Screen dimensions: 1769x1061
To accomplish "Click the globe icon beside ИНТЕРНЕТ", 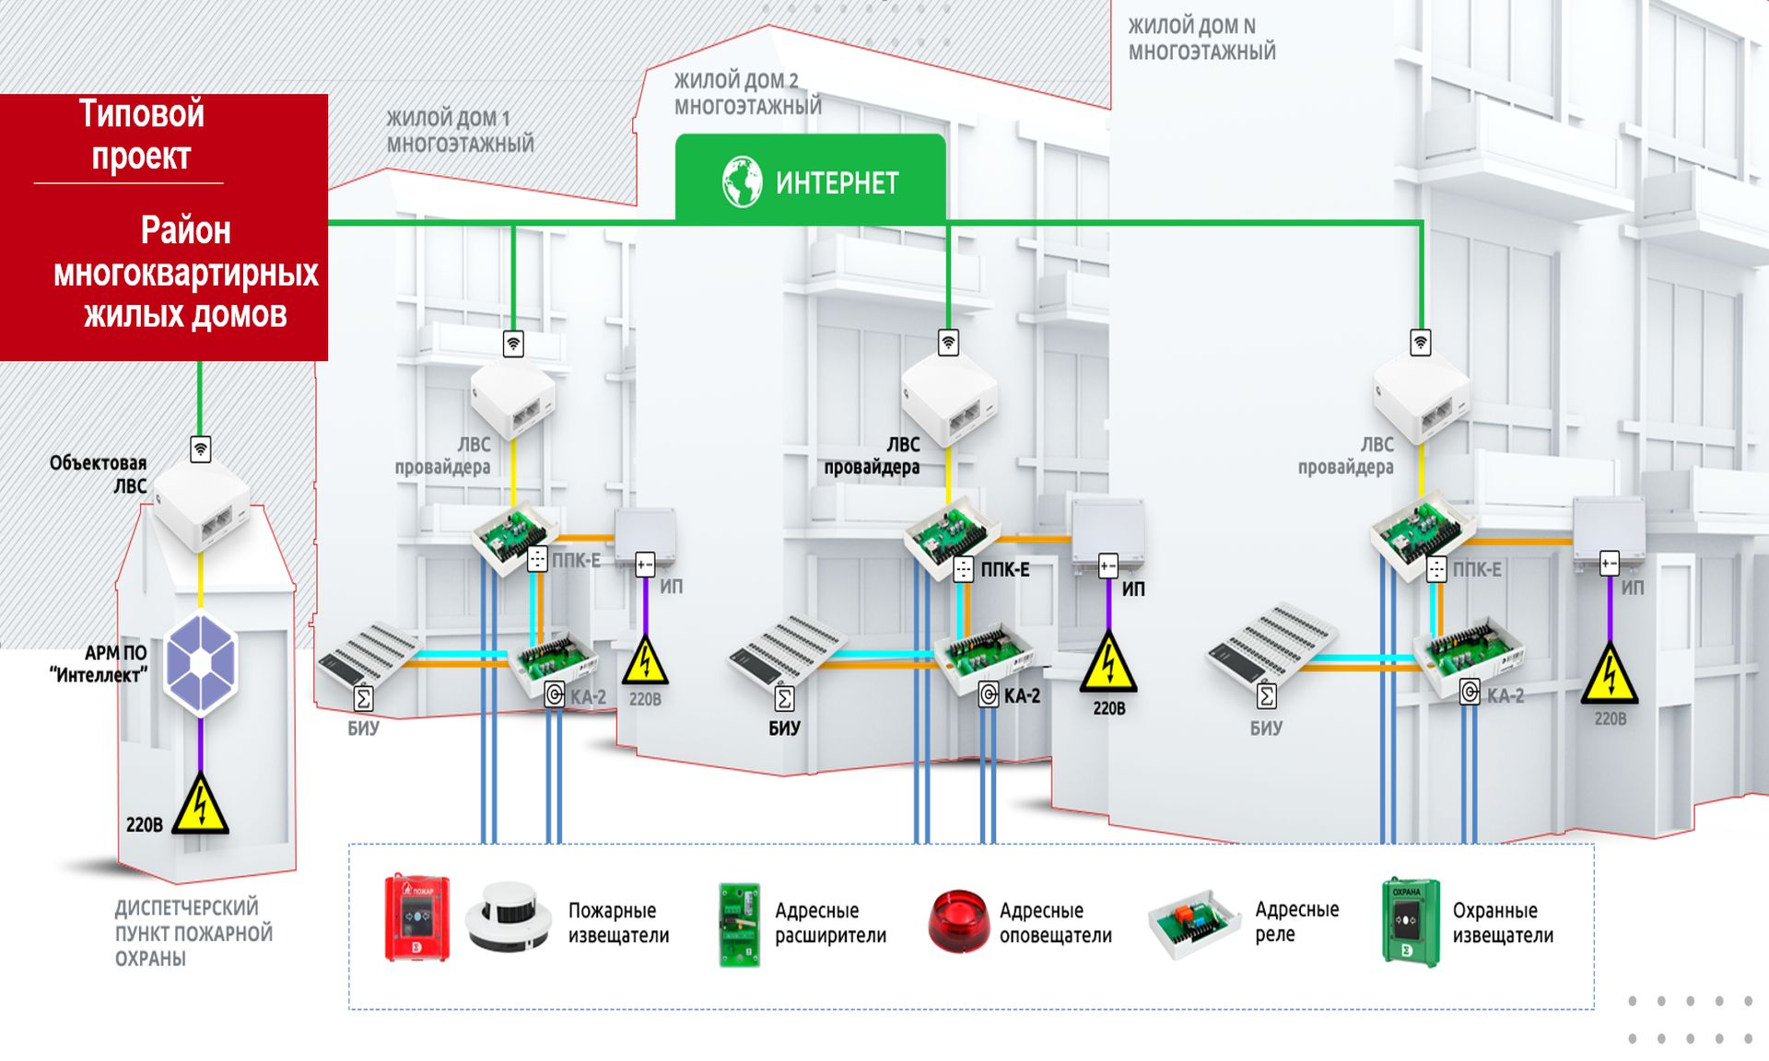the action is pos(742,181).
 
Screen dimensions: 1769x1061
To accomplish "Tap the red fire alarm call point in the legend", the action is pos(417,917).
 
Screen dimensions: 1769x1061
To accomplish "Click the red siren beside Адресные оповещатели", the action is pos(957,920).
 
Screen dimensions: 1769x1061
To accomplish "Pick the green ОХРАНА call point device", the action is pos(1410,922).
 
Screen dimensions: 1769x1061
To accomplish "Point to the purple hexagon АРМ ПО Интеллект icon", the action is pos(201,664).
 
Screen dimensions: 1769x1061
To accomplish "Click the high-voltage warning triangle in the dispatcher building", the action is pos(200,803).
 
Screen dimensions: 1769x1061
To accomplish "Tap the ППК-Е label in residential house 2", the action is pos(1004,569).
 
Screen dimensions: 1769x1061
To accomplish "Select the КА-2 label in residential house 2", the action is pos(1022,695).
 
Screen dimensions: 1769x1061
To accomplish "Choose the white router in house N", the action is pos(1420,396).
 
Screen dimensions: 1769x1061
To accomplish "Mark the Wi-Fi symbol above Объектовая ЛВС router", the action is pos(200,449).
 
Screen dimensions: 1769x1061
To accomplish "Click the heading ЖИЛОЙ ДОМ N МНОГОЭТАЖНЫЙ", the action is pos(1201,39).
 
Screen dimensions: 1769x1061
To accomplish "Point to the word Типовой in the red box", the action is pos(141,113).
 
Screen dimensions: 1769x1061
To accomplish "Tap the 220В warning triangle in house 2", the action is pos(1108,662).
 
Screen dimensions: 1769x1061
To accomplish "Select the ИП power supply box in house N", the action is pos(1609,530).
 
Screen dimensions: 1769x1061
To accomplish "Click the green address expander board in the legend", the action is pos(740,924).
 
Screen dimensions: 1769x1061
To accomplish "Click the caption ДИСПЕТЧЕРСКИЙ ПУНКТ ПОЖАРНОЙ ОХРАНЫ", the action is pos(193,933).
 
